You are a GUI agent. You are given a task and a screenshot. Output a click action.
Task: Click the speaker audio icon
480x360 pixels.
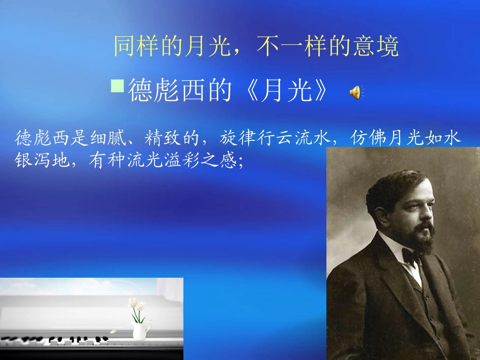357,92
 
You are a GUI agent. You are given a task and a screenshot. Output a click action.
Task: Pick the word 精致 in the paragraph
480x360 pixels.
169,137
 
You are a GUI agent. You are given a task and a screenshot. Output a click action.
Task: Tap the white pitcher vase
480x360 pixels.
140,331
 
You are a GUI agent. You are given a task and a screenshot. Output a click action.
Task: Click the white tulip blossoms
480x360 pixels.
136,303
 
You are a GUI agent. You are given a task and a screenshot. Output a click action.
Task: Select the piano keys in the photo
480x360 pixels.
61,340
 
